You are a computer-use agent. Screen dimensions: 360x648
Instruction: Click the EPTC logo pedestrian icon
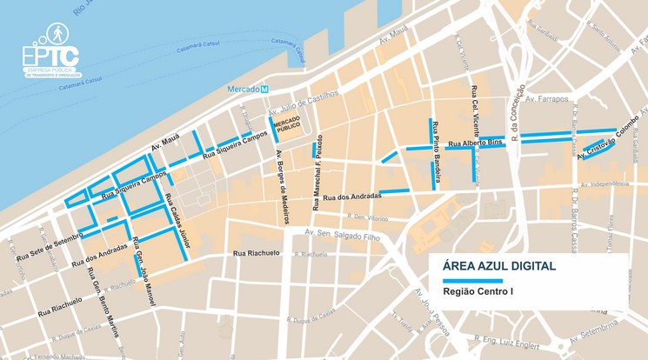point(55,35)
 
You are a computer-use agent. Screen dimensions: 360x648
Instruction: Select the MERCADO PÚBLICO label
point(287,129)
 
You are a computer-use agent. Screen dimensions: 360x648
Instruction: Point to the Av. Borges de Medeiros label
point(281,187)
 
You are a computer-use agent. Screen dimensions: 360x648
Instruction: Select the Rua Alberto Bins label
point(476,143)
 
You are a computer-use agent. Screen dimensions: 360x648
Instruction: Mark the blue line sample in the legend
point(472,281)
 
